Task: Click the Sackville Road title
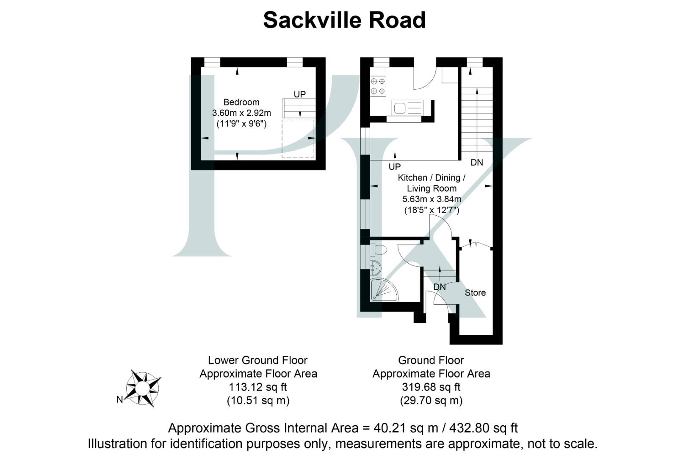[344, 20]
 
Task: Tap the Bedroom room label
[241, 102]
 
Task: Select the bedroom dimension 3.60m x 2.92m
[241, 113]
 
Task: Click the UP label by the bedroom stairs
[299, 94]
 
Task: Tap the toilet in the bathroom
[379, 250]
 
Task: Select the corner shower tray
[383, 290]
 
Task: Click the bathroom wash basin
[375, 267]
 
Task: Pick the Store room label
[475, 293]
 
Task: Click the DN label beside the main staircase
[477, 162]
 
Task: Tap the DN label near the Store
[440, 287]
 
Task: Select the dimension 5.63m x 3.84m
[432, 199]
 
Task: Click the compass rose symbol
[143, 388]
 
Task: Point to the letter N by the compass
[120, 399]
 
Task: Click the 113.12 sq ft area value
[258, 387]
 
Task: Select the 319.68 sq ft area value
[431, 387]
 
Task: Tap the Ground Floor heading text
[431, 361]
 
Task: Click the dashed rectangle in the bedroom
[298, 139]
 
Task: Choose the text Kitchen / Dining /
[432, 178]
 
